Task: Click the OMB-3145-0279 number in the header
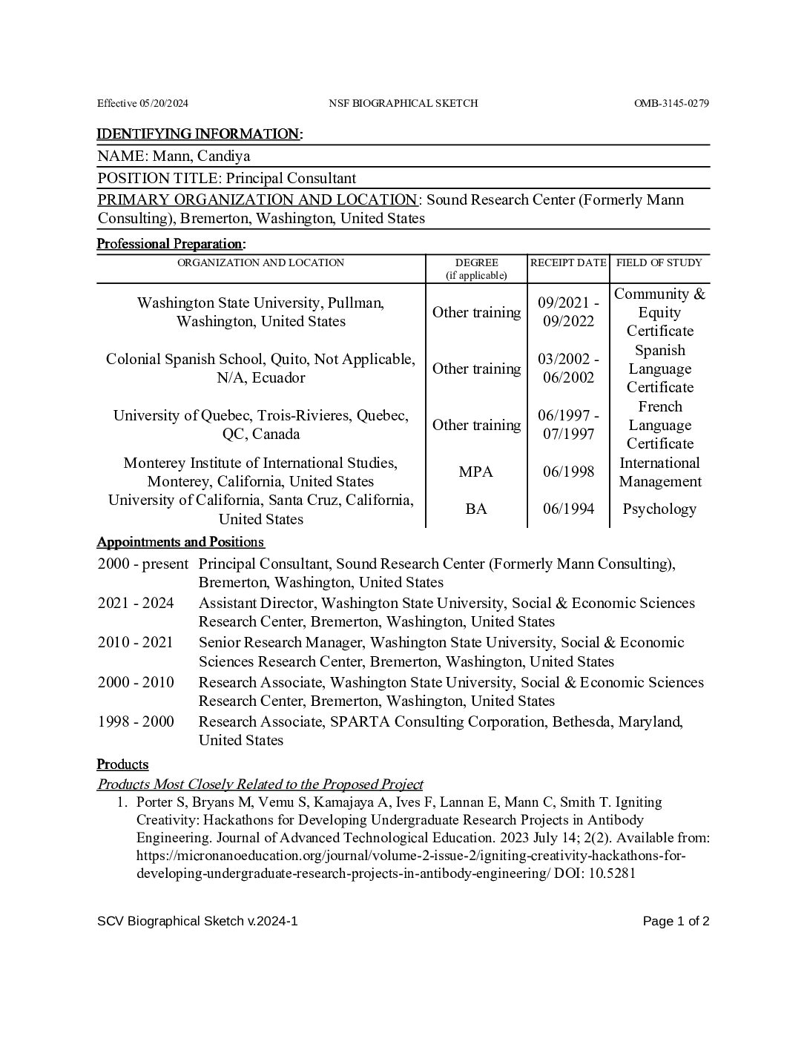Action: (671, 103)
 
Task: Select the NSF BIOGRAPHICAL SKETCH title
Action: (403, 103)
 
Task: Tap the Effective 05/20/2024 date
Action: (142, 103)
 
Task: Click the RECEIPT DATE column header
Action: (568, 262)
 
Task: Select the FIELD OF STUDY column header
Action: (659, 262)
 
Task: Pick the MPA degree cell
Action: (475, 472)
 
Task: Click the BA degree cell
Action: (476, 509)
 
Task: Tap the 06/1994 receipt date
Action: (568, 509)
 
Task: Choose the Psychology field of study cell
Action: (659, 509)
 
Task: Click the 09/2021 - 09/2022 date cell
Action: (568, 312)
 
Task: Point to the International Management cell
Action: (659, 472)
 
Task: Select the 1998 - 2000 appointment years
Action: (136, 721)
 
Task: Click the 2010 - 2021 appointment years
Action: (135, 642)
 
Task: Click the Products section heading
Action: (123, 764)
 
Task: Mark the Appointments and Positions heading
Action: (180, 541)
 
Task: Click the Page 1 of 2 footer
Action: (676, 922)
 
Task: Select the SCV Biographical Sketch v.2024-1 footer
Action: (197, 922)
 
